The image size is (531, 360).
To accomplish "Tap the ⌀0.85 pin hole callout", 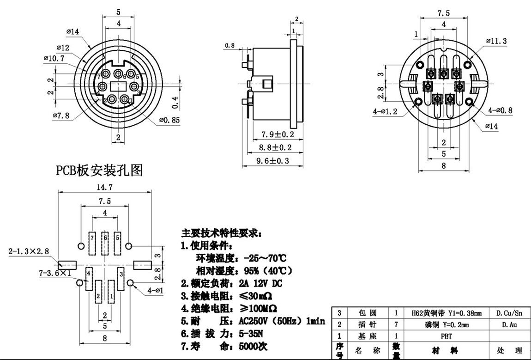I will click(x=169, y=120).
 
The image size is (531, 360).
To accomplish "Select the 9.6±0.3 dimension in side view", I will click(x=272, y=161).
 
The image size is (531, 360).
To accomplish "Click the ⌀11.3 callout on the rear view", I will click(x=496, y=41).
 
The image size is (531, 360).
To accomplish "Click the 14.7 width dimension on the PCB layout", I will click(x=104, y=187).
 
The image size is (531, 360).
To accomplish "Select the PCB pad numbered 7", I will click(x=93, y=243).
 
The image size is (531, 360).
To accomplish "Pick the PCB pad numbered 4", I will click(x=88, y=279).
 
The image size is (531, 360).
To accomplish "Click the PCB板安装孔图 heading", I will click(x=99, y=171).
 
